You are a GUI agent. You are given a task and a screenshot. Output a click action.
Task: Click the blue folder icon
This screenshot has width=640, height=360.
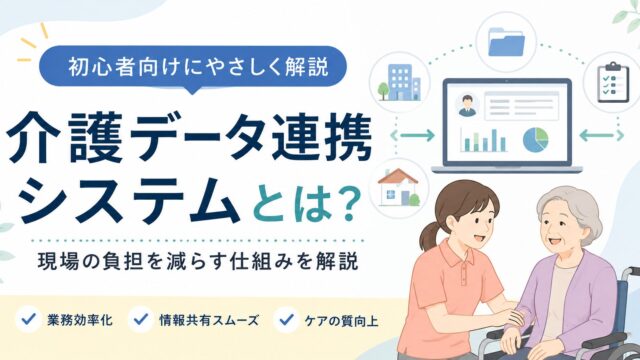coord(506,41)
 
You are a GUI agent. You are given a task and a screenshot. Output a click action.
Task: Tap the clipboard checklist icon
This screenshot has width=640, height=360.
coord(613,82)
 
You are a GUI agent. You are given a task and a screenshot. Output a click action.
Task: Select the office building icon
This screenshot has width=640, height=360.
coord(400,82)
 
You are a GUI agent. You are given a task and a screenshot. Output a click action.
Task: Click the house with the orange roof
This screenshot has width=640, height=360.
coord(398,187)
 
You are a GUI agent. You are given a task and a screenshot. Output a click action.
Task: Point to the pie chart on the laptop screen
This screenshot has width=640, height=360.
coord(536,140)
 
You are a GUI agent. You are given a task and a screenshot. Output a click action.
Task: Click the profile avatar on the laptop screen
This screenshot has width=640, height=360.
coord(467,106)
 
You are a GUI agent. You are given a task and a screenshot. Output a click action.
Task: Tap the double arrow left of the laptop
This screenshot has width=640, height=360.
coord(413,135)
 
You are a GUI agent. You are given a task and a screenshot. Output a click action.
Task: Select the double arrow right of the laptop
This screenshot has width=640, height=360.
coord(602,135)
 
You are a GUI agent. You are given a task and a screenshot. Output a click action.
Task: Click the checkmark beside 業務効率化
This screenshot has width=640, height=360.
coord(29,319)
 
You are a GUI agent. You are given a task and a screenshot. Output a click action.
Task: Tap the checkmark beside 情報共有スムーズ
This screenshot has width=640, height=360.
coord(141,319)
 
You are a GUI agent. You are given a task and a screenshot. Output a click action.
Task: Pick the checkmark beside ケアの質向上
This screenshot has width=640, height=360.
coord(287,319)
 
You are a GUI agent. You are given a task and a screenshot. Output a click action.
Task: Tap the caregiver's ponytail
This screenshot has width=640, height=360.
coord(429,236)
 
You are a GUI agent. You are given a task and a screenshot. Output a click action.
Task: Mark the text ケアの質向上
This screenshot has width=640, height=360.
coord(341,320)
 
